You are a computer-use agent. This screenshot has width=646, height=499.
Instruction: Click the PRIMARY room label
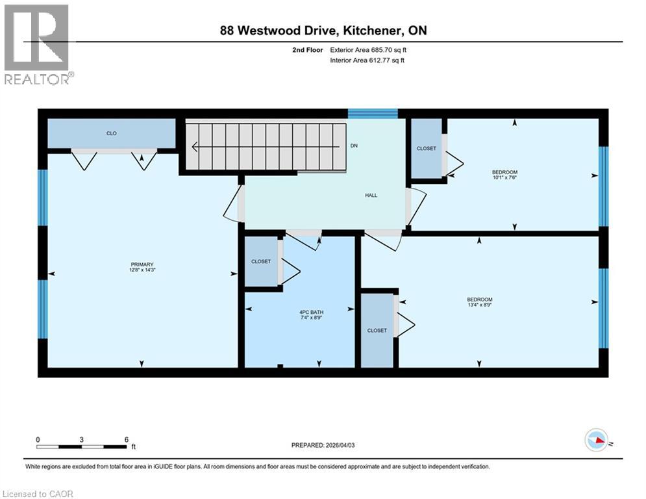click(x=142, y=264)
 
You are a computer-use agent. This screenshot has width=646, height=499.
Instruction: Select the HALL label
click(x=371, y=195)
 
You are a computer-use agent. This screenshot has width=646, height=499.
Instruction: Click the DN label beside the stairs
click(x=354, y=146)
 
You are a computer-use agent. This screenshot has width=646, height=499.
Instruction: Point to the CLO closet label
click(x=112, y=133)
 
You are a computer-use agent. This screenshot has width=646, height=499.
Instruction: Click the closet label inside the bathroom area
click(x=261, y=261)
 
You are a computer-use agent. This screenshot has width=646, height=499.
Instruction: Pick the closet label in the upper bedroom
click(x=426, y=148)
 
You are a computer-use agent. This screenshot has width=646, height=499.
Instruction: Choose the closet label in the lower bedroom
click(x=377, y=330)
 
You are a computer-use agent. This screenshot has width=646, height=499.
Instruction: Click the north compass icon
click(x=595, y=441)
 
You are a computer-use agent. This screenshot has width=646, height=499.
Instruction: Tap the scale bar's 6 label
click(x=126, y=439)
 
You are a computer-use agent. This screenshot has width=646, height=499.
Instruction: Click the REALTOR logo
click(x=38, y=44)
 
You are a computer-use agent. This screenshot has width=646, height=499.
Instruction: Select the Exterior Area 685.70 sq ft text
click(x=369, y=49)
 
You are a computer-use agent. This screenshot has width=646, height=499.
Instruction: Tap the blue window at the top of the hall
click(x=372, y=114)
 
